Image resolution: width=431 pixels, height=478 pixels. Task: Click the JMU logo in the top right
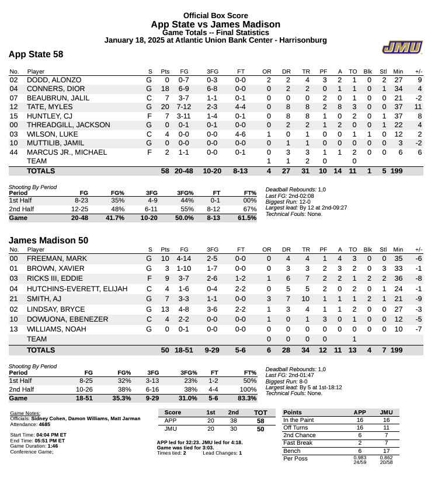[x=399, y=48]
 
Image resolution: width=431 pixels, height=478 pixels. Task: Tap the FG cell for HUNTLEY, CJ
[x=184, y=116]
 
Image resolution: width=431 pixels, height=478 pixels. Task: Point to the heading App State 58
[x=36, y=54]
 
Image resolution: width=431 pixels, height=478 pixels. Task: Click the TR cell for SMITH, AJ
[x=307, y=298]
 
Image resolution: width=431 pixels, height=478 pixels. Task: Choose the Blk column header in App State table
[x=368, y=71]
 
